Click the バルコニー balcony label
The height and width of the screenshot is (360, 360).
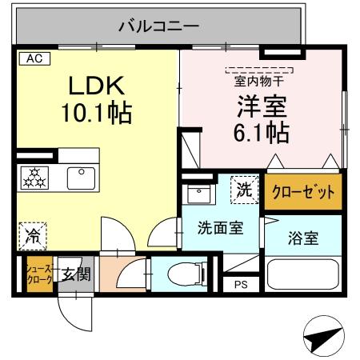(x=158, y=26)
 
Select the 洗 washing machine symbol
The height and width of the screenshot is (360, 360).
(x=243, y=190)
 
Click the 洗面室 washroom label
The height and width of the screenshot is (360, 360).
(x=221, y=226)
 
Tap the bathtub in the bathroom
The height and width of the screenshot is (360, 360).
(x=302, y=275)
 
